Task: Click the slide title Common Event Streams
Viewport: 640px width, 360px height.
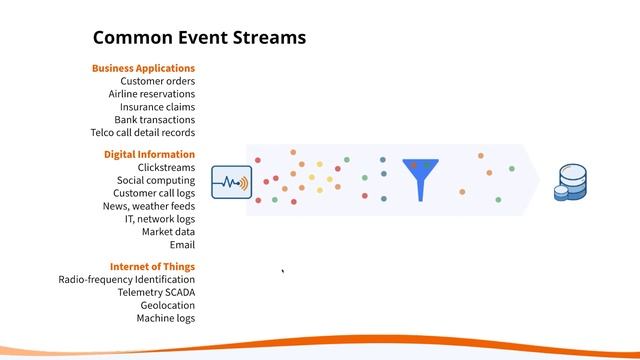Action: [199, 38]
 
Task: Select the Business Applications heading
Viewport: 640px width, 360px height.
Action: [143, 68]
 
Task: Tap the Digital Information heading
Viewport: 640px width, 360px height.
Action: [149, 154]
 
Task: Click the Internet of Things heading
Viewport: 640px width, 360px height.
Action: [152, 266]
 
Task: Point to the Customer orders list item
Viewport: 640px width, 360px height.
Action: [157, 81]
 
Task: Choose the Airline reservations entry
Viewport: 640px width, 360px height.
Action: [152, 94]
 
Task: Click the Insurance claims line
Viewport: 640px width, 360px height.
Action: [157, 107]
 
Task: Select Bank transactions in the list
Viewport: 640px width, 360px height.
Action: [154, 120]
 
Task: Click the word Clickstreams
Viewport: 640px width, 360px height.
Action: [166, 168]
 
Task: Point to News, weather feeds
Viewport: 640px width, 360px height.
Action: [148, 206]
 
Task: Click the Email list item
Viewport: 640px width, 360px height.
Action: [182, 244]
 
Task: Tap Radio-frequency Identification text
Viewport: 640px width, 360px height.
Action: [127, 280]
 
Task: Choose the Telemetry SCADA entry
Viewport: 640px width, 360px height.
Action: [156, 293]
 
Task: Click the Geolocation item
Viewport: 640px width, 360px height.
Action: [167, 305]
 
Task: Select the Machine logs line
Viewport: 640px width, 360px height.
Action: [165, 318]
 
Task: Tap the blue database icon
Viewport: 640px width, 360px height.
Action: [572, 183]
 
